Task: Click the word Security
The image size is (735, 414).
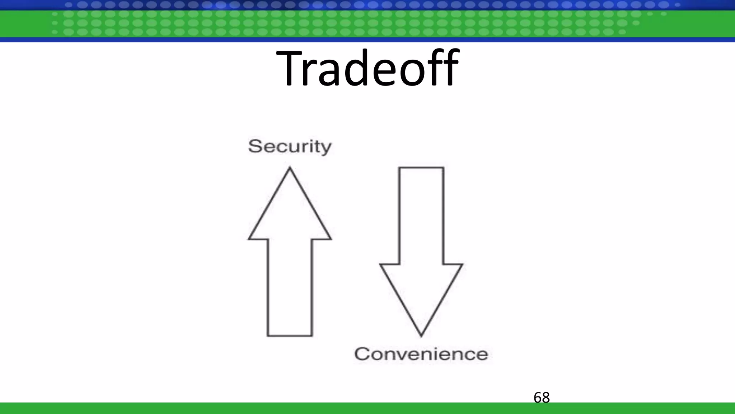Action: (x=290, y=147)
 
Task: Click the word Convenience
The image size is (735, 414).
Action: (x=421, y=354)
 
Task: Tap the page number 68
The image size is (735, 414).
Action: (x=542, y=397)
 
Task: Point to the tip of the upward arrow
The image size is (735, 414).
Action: (x=290, y=168)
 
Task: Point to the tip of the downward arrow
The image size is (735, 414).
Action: (x=421, y=336)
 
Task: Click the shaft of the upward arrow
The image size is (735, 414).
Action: (x=290, y=287)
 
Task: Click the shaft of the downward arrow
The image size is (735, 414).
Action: (x=421, y=216)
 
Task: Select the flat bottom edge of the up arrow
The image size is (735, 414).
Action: (x=290, y=336)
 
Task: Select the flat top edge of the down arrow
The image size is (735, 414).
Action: (x=421, y=167)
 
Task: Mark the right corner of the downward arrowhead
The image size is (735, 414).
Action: (x=462, y=265)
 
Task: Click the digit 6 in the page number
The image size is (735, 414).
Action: (x=538, y=397)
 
